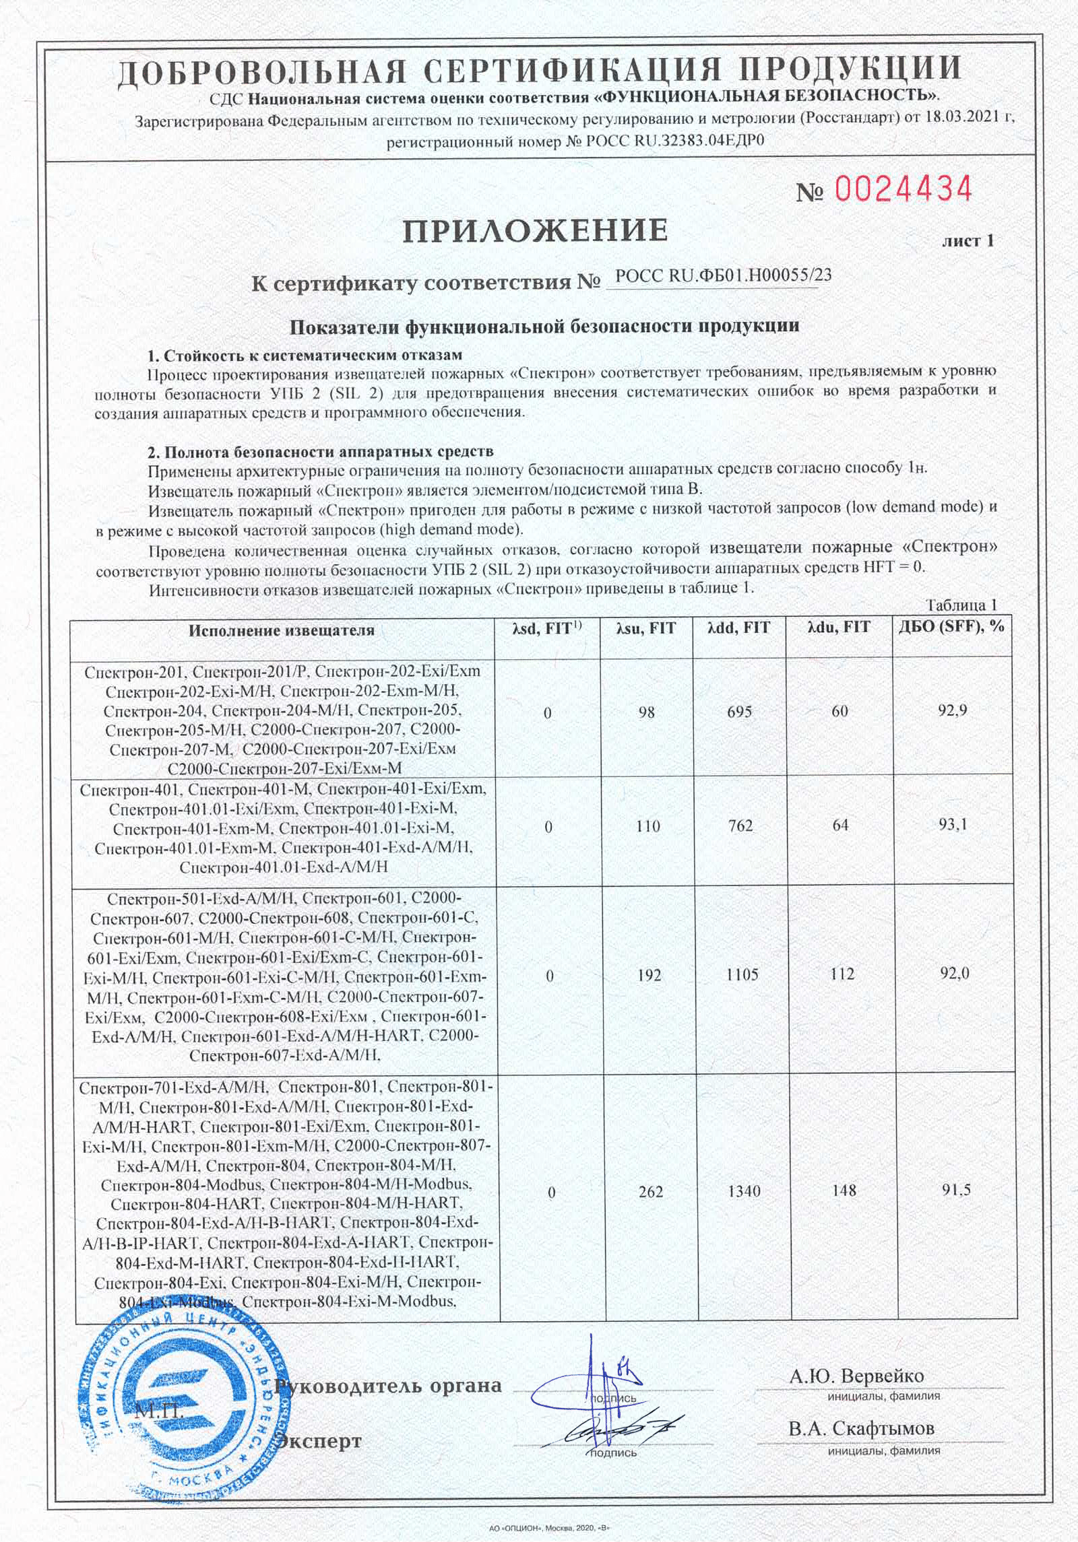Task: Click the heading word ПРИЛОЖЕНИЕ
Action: coord(536,230)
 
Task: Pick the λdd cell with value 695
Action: coord(740,711)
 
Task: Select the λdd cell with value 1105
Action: coord(742,974)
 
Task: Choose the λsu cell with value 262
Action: coord(649,1191)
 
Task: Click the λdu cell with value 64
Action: coord(840,826)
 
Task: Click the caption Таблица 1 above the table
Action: coord(961,603)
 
